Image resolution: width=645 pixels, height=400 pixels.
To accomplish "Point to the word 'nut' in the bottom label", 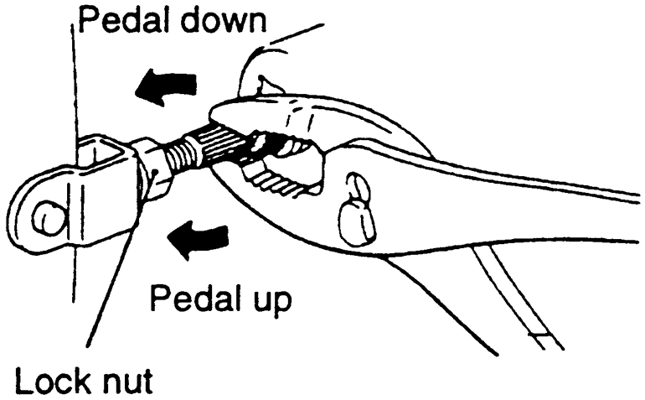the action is click(x=126, y=382).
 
